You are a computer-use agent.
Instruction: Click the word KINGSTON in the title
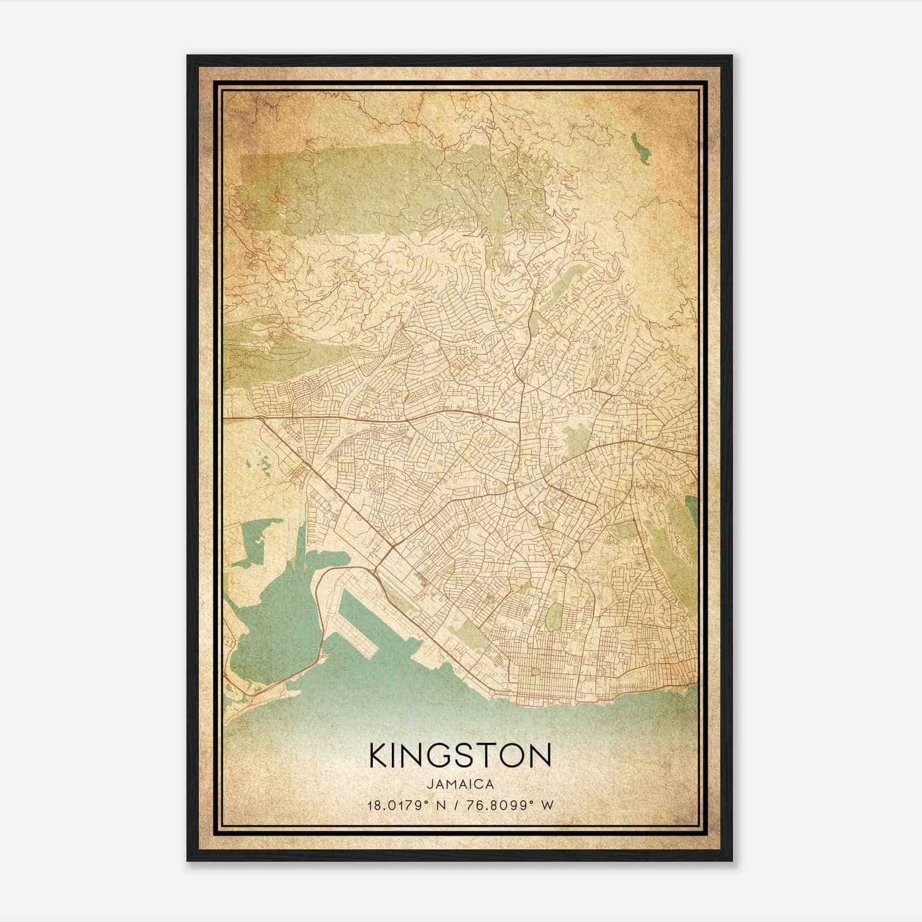coord(460,755)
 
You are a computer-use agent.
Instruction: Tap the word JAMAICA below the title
coord(460,784)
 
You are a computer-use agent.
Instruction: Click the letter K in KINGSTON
coord(379,755)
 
